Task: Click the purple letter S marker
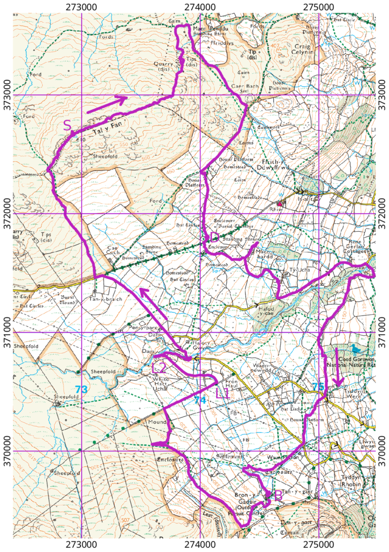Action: coord(67,126)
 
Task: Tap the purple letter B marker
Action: coord(278,494)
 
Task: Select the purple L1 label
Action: coord(223,394)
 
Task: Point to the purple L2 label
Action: coord(158,368)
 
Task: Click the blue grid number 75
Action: coord(318,387)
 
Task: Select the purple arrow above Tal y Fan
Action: coord(107,105)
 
